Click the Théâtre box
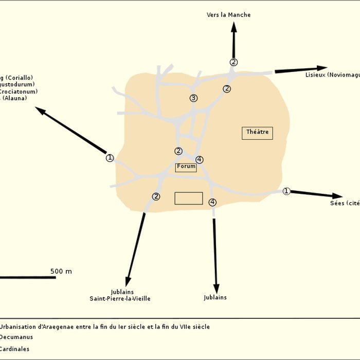pyautogui.click(x=257, y=133)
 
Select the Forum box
pyautogui.click(x=186, y=167)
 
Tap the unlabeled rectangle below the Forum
pyautogui.click(x=189, y=198)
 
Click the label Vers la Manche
pyautogui.click(x=229, y=15)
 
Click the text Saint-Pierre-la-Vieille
pyautogui.click(x=120, y=299)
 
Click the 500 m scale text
pyautogui.click(x=61, y=271)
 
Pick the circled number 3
pyautogui.click(x=193, y=98)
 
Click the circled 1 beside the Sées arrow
pyautogui.click(x=286, y=191)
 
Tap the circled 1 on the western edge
pyautogui.click(x=110, y=158)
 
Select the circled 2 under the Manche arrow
pyautogui.click(x=233, y=62)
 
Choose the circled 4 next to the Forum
pyautogui.click(x=200, y=159)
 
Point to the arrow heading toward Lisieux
pyautogui.click(x=301, y=69)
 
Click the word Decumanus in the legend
pyautogui.click(x=16, y=337)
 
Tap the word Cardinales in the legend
pyautogui.click(x=14, y=349)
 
